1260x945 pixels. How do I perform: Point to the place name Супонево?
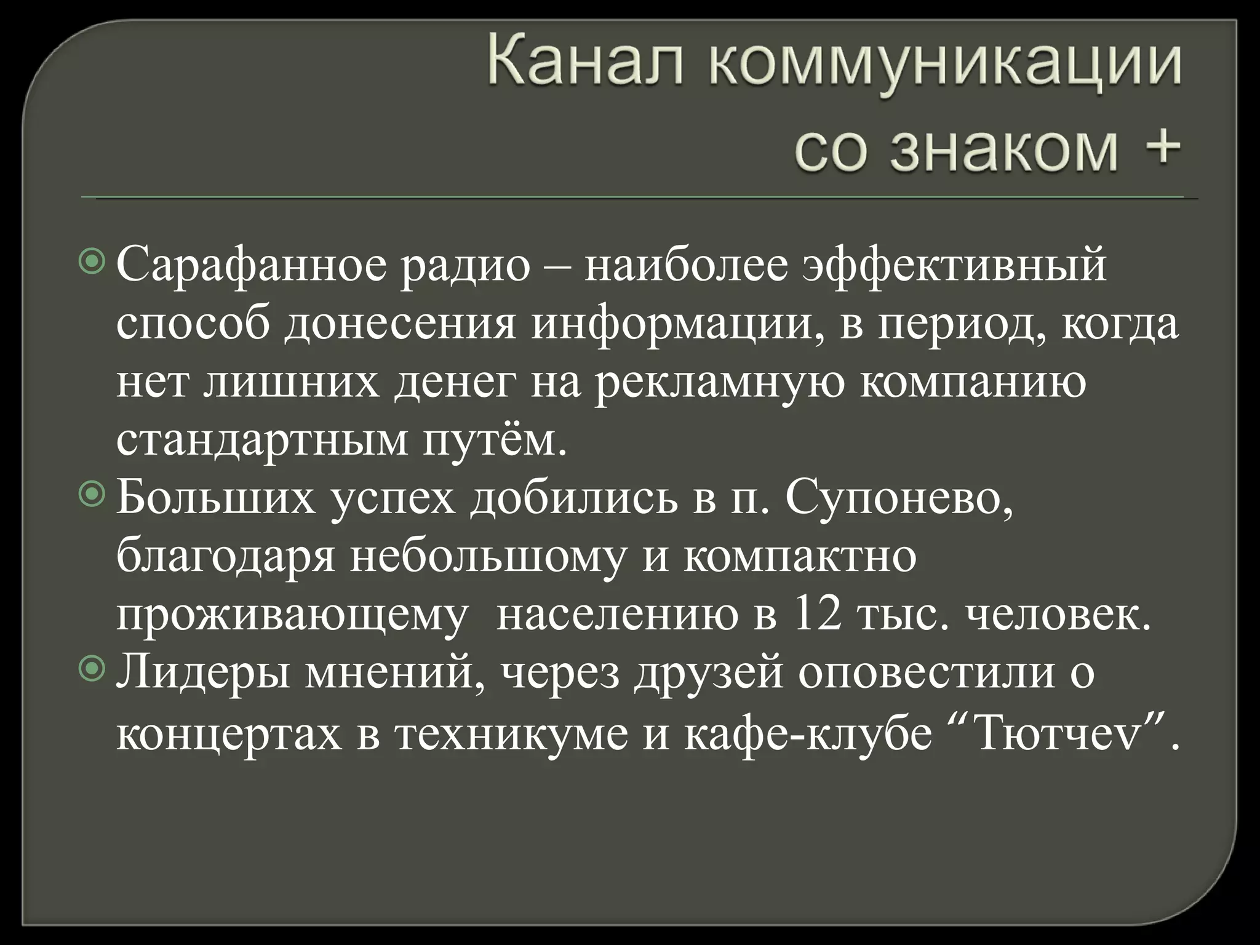pos(899,498)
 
